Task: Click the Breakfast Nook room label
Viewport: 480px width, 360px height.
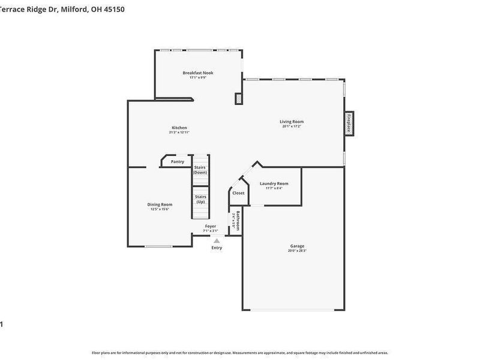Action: click(x=197, y=73)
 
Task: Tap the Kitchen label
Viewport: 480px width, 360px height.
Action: click(x=179, y=127)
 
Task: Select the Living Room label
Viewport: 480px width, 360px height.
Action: click(x=292, y=121)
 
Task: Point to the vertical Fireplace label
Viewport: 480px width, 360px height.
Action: click(x=347, y=124)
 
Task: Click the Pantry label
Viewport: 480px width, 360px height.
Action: click(x=178, y=161)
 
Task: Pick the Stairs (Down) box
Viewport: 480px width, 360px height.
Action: click(x=200, y=170)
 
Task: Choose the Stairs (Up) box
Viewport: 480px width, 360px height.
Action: click(x=200, y=199)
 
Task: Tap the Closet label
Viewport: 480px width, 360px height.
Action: click(x=238, y=193)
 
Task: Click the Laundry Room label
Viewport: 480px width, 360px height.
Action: click(x=274, y=183)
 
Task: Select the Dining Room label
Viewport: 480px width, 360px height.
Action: click(x=160, y=204)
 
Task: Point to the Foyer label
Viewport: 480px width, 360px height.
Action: click(x=210, y=226)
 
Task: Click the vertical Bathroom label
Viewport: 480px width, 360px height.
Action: click(x=238, y=220)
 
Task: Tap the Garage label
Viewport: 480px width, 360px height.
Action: click(x=297, y=245)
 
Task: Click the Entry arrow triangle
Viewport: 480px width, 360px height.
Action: click(x=217, y=241)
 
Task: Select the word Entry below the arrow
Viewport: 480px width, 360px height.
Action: click(x=217, y=248)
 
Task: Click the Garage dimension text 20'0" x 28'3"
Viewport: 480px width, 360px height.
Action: click(x=297, y=250)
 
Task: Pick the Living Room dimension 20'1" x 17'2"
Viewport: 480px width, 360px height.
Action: click(x=292, y=126)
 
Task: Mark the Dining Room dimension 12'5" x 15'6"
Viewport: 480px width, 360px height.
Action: click(x=160, y=209)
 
